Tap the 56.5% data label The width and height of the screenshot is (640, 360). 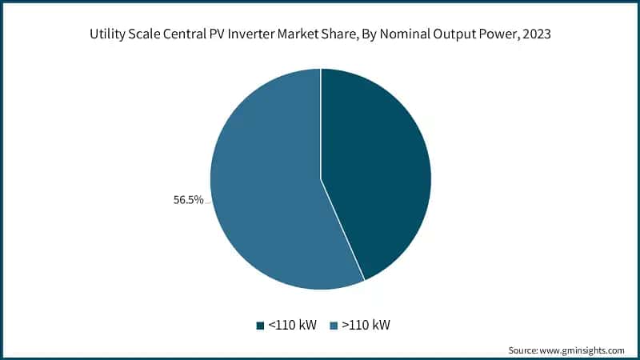click(188, 200)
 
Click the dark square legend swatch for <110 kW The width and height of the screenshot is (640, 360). click(260, 326)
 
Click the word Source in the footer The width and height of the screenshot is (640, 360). click(524, 350)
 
